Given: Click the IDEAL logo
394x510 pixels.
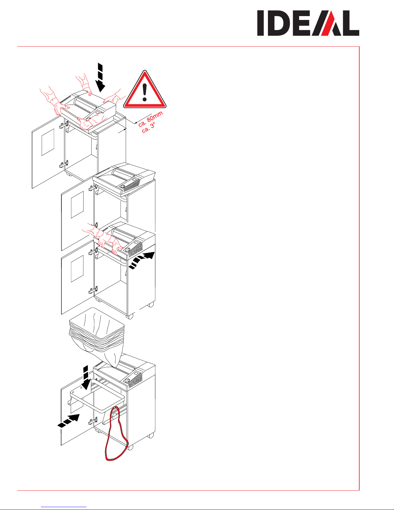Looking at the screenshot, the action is pyautogui.click(x=308, y=23).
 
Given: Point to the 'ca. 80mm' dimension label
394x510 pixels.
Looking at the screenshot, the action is pyautogui.click(x=150, y=119).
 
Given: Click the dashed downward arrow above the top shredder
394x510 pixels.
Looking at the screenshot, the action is pyautogui.click(x=100, y=77).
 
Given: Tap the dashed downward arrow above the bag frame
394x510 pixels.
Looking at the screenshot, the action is pyautogui.click(x=86, y=377).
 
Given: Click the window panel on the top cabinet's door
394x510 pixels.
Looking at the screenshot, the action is pyautogui.click(x=48, y=142).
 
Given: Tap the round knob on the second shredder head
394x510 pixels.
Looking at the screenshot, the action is pyautogui.click(x=122, y=186).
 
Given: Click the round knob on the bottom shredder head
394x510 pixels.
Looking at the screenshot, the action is pyautogui.click(x=127, y=380).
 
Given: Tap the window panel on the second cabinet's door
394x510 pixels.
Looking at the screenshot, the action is pyautogui.click(x=77, y=205).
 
